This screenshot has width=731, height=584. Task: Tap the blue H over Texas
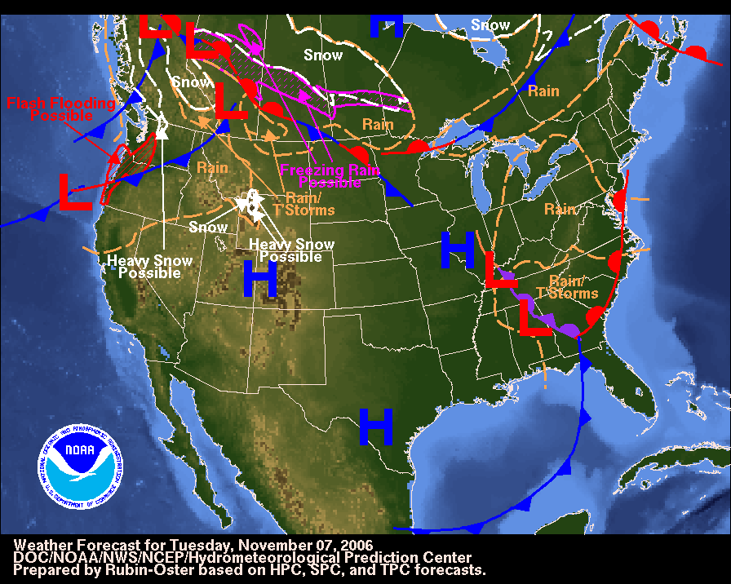[x=376, y=427]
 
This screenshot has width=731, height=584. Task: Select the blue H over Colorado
[x=260, y=279]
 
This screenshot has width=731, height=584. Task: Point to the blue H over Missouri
[x=458, y=249]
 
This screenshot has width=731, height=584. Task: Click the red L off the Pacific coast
[x=75, y=192]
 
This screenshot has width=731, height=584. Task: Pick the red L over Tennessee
[x=500, y=270]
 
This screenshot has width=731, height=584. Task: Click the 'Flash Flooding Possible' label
[x=61, y=109]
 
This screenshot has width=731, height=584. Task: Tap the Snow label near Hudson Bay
[x=490, y=25]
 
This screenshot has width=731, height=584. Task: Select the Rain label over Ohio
[x=560, y=210]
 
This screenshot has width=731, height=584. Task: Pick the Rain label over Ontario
[x=543, y=91]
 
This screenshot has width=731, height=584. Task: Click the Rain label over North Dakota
[x=378, y=125]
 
